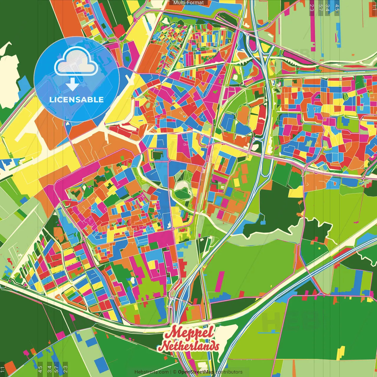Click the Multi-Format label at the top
tap(188, 3)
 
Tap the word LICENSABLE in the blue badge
tap(76, 100)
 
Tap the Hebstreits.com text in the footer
tap(151, 372)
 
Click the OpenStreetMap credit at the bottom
tap(196, 372)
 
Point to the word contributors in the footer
tap(229, 372)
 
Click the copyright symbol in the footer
tap(174, 372)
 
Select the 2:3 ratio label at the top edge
tap(312, 8)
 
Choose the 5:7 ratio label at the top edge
tap(320, 8)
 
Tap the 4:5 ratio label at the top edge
tap(337, 8)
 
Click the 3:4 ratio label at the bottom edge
tap(49, 369)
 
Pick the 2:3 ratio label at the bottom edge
tap(65, 369)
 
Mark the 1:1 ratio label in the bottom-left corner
tap(3, 369)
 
